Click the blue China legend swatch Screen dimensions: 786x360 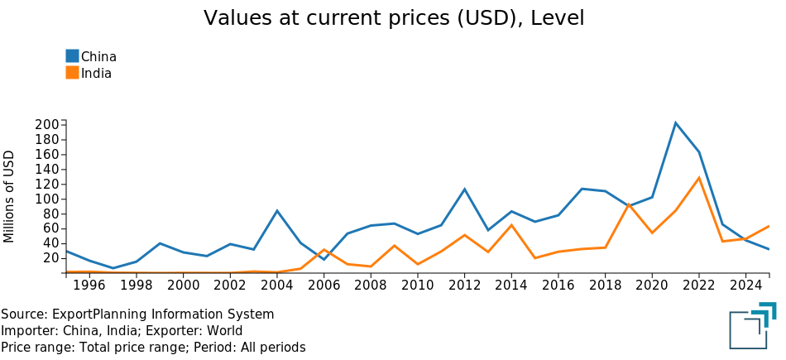[x=72, y=55]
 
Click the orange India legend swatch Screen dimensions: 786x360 [x=72, y=73]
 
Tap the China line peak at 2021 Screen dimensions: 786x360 [x=675, y=122]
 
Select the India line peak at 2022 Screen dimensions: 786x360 [x=699, y=177]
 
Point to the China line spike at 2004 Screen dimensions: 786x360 [x=276, y=210]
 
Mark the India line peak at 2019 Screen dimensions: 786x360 [x=629, y=204]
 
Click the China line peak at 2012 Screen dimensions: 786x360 [x=465, y=189]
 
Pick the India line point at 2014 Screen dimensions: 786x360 [x=511, y=224]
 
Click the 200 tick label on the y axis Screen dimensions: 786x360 [x=48, y=125]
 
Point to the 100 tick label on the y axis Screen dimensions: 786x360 [x=48, y=199]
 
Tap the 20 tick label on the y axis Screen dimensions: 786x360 [x=51, y=258]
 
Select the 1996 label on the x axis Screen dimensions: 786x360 [x=89, y=286]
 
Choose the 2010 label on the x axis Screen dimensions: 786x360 [x=418, y=286]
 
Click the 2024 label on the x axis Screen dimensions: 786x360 [x=746, y=286]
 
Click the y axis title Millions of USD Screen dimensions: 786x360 [x=8, y=196]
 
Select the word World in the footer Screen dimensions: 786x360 [x=225, y=331]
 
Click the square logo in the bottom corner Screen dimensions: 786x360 [x=752, y=325]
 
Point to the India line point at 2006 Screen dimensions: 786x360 [x=324, y=249]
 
